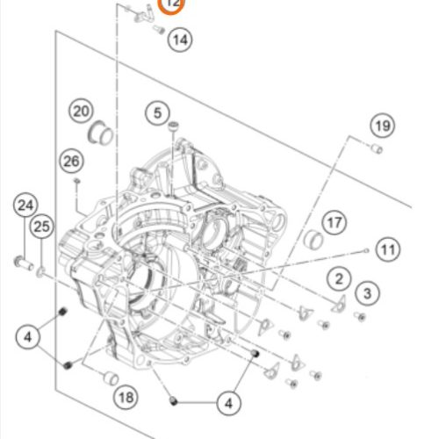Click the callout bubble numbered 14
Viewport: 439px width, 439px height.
(180, 40)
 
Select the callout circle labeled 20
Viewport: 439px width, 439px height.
(81, 112)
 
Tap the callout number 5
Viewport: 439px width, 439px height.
(157, 113)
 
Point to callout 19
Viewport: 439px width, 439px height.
(383, 126)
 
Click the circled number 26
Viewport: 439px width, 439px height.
(72, 161)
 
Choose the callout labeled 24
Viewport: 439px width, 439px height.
(25, 205)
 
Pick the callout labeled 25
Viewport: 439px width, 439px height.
(42, 227)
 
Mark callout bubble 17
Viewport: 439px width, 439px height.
(335, 222)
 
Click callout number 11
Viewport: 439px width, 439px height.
(388, 249)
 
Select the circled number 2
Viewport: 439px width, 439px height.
(339, 278)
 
